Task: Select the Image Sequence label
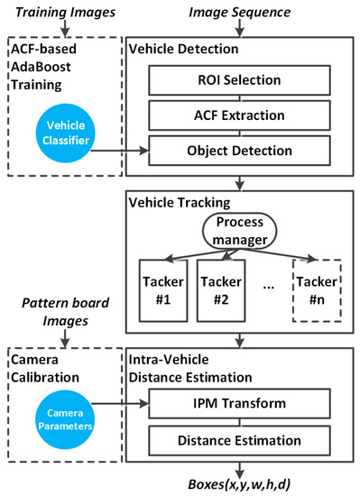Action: point(238,12)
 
